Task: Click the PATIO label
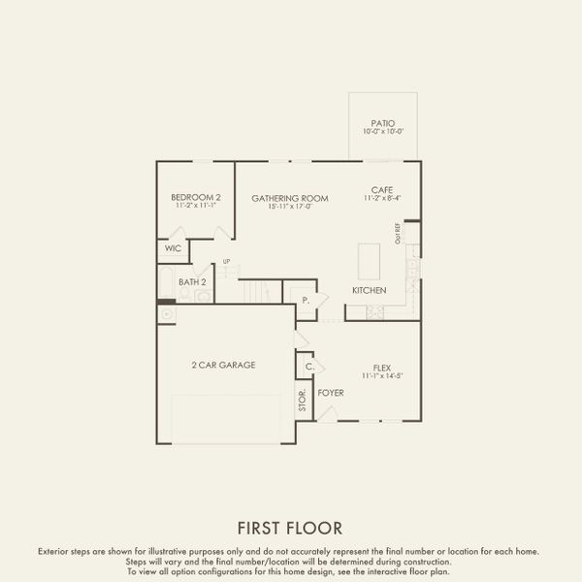382,123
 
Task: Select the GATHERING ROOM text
290,198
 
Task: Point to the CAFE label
381,189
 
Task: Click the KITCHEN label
369,290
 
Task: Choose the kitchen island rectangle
369,261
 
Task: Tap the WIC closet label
173,248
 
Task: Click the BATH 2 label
192,282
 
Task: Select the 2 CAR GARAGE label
222,365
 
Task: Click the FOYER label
331,392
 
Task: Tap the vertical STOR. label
302,399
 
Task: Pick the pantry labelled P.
305,301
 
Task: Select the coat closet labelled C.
308,367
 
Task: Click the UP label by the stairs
226,261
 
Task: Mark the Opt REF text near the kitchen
398,233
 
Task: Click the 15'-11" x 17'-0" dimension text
290,207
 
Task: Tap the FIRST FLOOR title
290,528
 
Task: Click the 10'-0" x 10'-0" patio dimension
382,132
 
